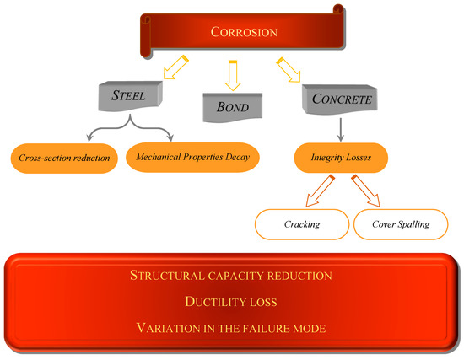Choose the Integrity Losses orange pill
pos(340,156)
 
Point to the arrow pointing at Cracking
pos(321,191)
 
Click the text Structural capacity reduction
pos(231,275)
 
